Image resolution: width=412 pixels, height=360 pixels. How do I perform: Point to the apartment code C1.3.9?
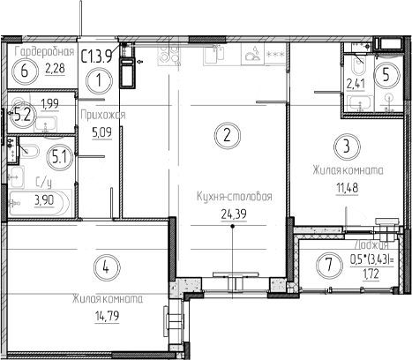click(97, 56)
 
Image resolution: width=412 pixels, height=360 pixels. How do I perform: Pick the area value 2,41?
click(356, 86)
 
